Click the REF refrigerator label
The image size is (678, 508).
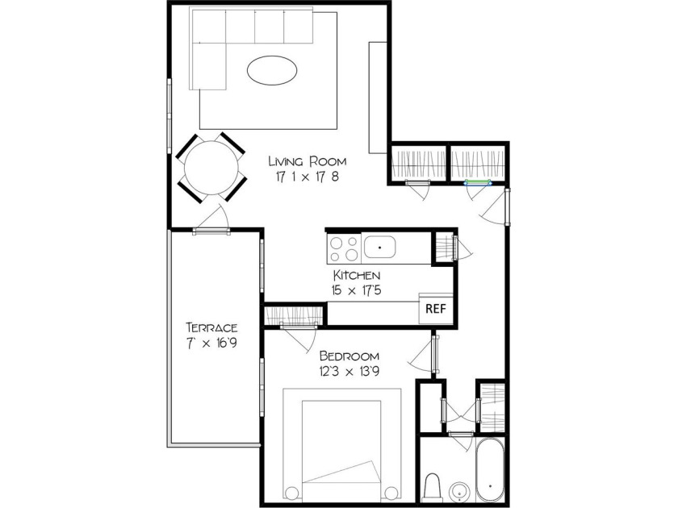435,309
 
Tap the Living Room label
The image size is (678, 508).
308,161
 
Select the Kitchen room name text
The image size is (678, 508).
357,275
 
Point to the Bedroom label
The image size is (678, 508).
349,356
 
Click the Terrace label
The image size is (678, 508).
211,327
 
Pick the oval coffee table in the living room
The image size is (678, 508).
272,70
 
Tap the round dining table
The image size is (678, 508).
211,168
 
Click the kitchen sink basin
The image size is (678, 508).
379,247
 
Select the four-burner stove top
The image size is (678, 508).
345,250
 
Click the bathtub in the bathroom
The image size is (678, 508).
489,469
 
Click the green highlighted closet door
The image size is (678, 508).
478,183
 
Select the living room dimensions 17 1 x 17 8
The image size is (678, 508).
308,177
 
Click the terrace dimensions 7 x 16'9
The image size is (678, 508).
211,343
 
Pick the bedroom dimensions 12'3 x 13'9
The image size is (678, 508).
349,372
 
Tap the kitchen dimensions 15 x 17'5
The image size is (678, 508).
357,290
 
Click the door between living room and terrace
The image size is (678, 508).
211,231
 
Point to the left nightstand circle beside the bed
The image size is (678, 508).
291,493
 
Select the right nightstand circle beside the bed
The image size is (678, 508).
391,493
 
